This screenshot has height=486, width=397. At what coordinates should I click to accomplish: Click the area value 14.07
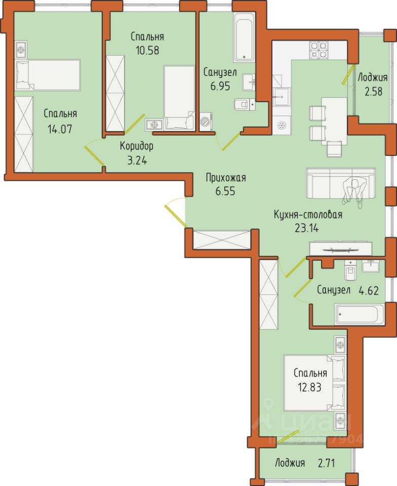point(60,129)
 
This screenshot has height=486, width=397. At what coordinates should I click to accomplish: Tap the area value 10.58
point(147,50)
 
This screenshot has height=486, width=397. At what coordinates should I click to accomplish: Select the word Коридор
point(137,146)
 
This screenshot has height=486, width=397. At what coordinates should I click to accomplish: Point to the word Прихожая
point(226,178)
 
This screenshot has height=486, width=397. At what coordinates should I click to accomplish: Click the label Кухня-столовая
point(308,215)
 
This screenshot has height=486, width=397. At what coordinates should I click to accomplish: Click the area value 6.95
point(220,86)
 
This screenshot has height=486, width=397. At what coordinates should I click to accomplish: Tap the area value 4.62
point(369,291)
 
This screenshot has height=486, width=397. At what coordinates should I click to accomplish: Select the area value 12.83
point(309,387)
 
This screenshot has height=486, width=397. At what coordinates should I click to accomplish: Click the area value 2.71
point(326,463)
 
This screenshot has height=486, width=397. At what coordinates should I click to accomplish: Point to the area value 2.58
point(373,92)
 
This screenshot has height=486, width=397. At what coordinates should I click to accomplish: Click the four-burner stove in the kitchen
point(319,50)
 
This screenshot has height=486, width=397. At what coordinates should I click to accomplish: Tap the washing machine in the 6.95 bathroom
point(206,122)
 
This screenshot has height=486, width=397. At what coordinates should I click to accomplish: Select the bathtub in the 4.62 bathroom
point(360,314)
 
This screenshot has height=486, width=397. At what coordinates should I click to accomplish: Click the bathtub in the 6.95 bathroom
point(244,36)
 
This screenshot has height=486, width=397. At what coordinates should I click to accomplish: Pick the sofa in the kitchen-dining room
point(341,183)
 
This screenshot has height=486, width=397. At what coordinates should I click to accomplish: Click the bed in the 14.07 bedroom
point(48,75)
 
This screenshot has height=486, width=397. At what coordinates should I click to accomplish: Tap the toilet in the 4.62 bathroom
point(350,270)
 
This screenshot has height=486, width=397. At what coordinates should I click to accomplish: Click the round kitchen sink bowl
point(282,126)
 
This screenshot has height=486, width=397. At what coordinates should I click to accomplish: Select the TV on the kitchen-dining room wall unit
point(341,249)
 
